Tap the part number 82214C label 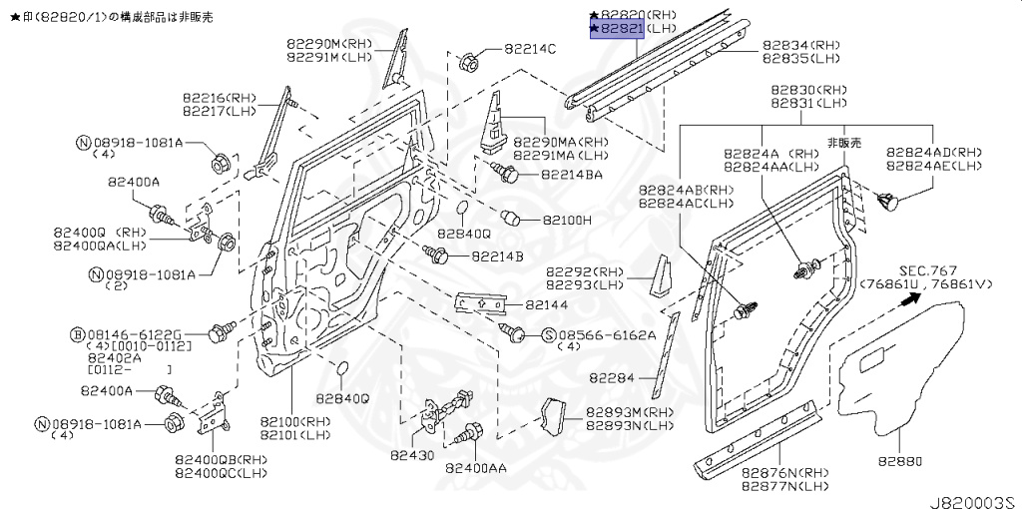pos(530,48)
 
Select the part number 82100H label pos(567,219)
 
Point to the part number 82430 pos(411,455)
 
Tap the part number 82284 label pos(610,378)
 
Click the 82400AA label pos(475,467)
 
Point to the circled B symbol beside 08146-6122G pos(76,333)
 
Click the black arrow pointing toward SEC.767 pos(909,298)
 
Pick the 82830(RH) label pos(808,89)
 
